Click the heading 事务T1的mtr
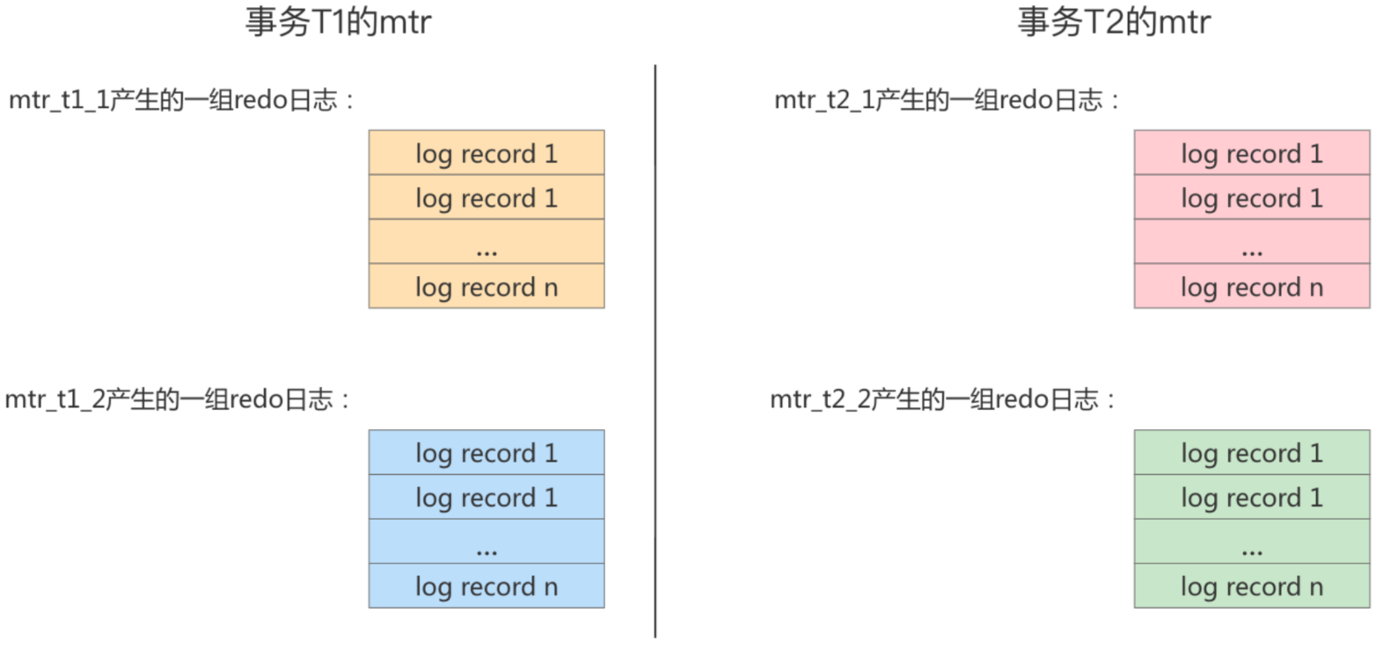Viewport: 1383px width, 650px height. click(338, 22)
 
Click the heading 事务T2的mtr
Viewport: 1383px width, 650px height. click(1114, 22)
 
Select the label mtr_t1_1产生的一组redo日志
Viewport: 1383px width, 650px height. click(180, 100)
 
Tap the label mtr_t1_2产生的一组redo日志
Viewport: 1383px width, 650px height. click(177, 400)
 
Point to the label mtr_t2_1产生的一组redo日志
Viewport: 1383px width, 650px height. click(946, 100)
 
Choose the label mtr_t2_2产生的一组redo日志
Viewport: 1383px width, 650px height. click(942, 400)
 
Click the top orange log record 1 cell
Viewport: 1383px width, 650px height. click(487, 153)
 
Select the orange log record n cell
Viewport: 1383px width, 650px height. click(487, 287)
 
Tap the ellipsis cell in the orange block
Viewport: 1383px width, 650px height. click(487, 242)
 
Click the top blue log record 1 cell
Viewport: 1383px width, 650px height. click(487, 453)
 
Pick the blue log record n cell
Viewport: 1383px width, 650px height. click(487, 587)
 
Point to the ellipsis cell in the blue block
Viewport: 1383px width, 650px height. click(487, 542)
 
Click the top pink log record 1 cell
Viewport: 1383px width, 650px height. click(1252, 153)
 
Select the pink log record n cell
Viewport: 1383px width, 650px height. click(1252, 287)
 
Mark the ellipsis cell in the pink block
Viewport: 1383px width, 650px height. click(1252, 242)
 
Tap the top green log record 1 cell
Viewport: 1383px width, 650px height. click(1252, 453)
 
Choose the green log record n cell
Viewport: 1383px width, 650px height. click(1252, 587)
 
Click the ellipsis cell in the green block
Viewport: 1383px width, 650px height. click(1252, 542)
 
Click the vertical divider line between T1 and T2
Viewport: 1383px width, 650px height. click(655, 352)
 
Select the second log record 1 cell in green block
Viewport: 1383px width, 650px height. click(1252, 498)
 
